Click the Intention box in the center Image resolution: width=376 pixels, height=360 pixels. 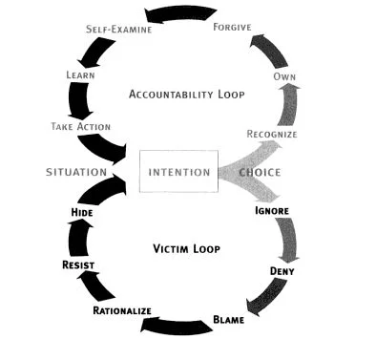(179, 173)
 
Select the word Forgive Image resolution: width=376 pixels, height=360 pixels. (231, 27)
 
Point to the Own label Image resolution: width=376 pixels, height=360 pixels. (282, 75)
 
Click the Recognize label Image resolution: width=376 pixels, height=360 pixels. (272, 135)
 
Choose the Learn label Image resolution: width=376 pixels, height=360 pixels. (80, 74)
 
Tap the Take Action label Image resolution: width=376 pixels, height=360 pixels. (80, 126)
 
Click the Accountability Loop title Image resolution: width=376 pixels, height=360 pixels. (188, 95)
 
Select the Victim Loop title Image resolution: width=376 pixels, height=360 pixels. (187, 249)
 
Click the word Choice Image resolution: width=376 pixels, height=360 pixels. (260, 173)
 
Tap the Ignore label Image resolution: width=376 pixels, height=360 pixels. (271, 209)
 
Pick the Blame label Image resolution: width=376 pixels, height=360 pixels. (229, 319)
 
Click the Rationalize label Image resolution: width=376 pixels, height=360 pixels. (124, 311)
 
